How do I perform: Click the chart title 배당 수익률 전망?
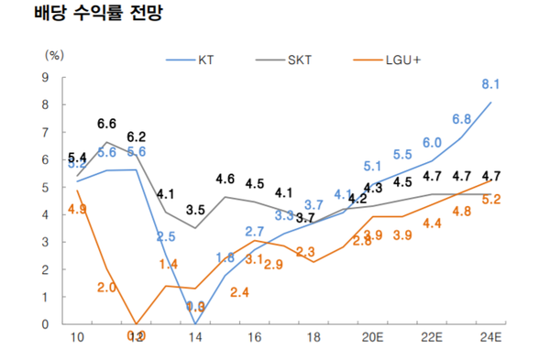click(x=85, y=16)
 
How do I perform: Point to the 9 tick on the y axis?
click(x=45, y=77)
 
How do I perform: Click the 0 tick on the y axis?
click(x=45, y=324)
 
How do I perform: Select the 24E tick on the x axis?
click(x=491, y=338)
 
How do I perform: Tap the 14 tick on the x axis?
click(x=195, y=338)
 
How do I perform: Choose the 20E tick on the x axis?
click(x=373, y=338)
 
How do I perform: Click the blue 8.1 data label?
click(x=490, y=84)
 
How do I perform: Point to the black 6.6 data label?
click(x=107, y=124)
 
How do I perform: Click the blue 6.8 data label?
click(x=461, y=120)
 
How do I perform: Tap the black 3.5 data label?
click(x=195, y=210)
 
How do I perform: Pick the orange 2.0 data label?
click(x=105, y=288)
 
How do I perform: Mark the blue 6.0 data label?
click(x=432, y=142)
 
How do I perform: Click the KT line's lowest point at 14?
click(x=196, y=322)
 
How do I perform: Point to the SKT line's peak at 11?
click(x=107, y=142)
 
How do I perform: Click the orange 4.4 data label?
click(x=432, y=223)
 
